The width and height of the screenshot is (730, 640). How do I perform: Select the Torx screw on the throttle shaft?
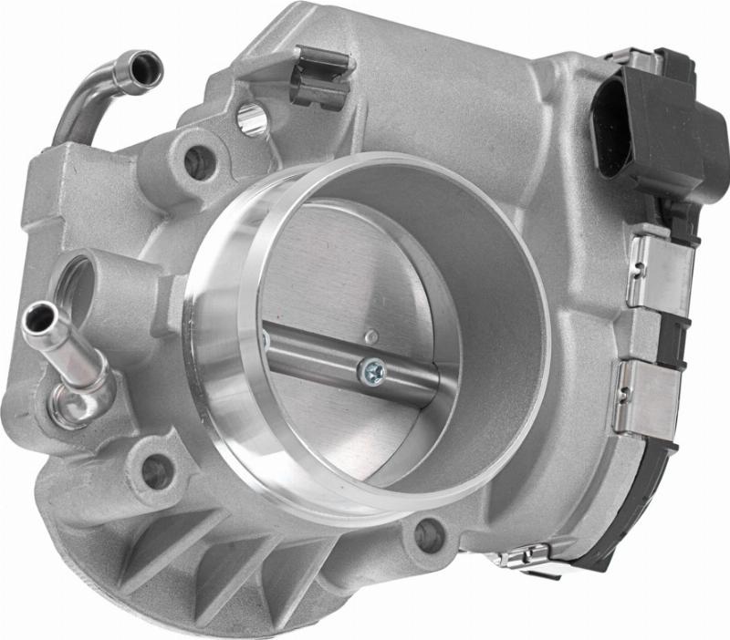point(372,369)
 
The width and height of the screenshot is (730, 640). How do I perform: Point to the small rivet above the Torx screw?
point(370,337)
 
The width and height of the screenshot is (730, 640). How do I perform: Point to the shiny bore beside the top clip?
point(252,119)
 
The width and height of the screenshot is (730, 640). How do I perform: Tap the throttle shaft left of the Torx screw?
point(310,350)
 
